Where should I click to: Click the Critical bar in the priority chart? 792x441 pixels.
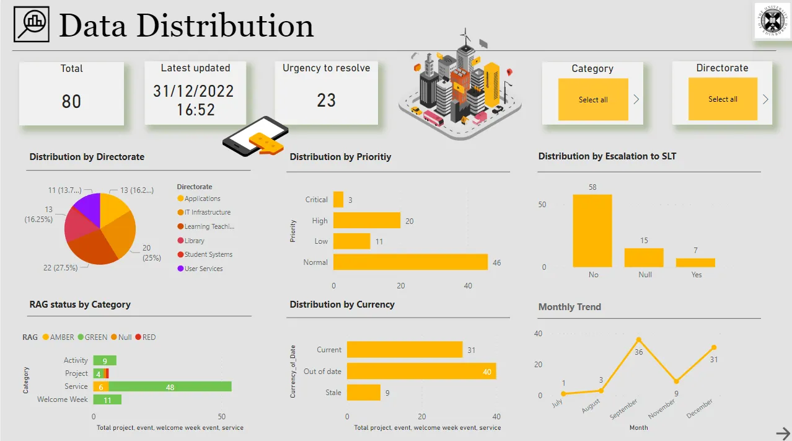338,199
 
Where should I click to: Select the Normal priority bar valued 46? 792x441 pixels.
410,262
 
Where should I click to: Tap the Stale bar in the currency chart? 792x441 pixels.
363,393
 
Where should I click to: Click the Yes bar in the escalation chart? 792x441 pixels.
695,262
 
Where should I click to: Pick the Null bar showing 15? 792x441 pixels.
644,257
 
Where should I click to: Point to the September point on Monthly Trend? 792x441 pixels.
638,340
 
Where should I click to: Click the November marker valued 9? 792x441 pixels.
676,381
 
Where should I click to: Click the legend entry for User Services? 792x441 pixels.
203,269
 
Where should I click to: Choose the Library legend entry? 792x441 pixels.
194,241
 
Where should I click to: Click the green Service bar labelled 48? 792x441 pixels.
170,386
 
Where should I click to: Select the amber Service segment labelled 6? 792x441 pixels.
101,386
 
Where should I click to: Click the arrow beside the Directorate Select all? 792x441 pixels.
765,99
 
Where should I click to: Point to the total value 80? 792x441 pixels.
71,101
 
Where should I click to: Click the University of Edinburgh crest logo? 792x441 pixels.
772,21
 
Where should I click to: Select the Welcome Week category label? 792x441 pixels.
63,399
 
